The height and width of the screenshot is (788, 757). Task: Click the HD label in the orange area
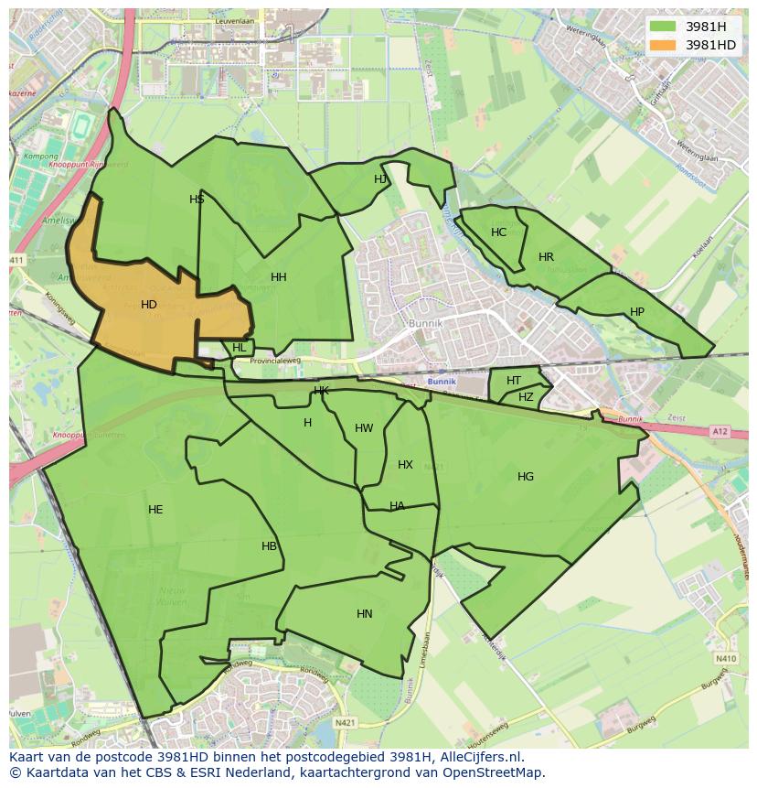tap(149, 305)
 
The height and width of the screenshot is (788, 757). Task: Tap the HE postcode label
tap(155, 510)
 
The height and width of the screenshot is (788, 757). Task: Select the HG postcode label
tap(526, 477)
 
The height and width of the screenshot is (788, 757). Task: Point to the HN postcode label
tap(365, 614)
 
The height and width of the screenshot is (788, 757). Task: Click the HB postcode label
tap(269, 546)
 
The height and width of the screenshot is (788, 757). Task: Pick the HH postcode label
tap(279, 277)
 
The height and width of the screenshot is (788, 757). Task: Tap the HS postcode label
tap(197, 200)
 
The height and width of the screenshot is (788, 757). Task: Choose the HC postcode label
tap(498, 232)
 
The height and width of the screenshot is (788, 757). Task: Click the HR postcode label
tap(546, 257)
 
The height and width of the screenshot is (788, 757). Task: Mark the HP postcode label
tap(637, 312)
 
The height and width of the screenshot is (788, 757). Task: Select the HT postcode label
tap(514, 381)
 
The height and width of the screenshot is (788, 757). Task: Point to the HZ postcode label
tap(526, 397)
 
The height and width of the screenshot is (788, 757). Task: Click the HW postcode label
tap(364, 428)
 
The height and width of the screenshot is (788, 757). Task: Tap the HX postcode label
tap(405, 465)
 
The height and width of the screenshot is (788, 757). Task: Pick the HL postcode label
tap(240, 348)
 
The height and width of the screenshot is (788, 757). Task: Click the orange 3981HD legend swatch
tap(664, 45)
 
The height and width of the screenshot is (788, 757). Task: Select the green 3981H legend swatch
tap(664, 27)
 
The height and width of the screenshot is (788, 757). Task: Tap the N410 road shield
tap(726, 658)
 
